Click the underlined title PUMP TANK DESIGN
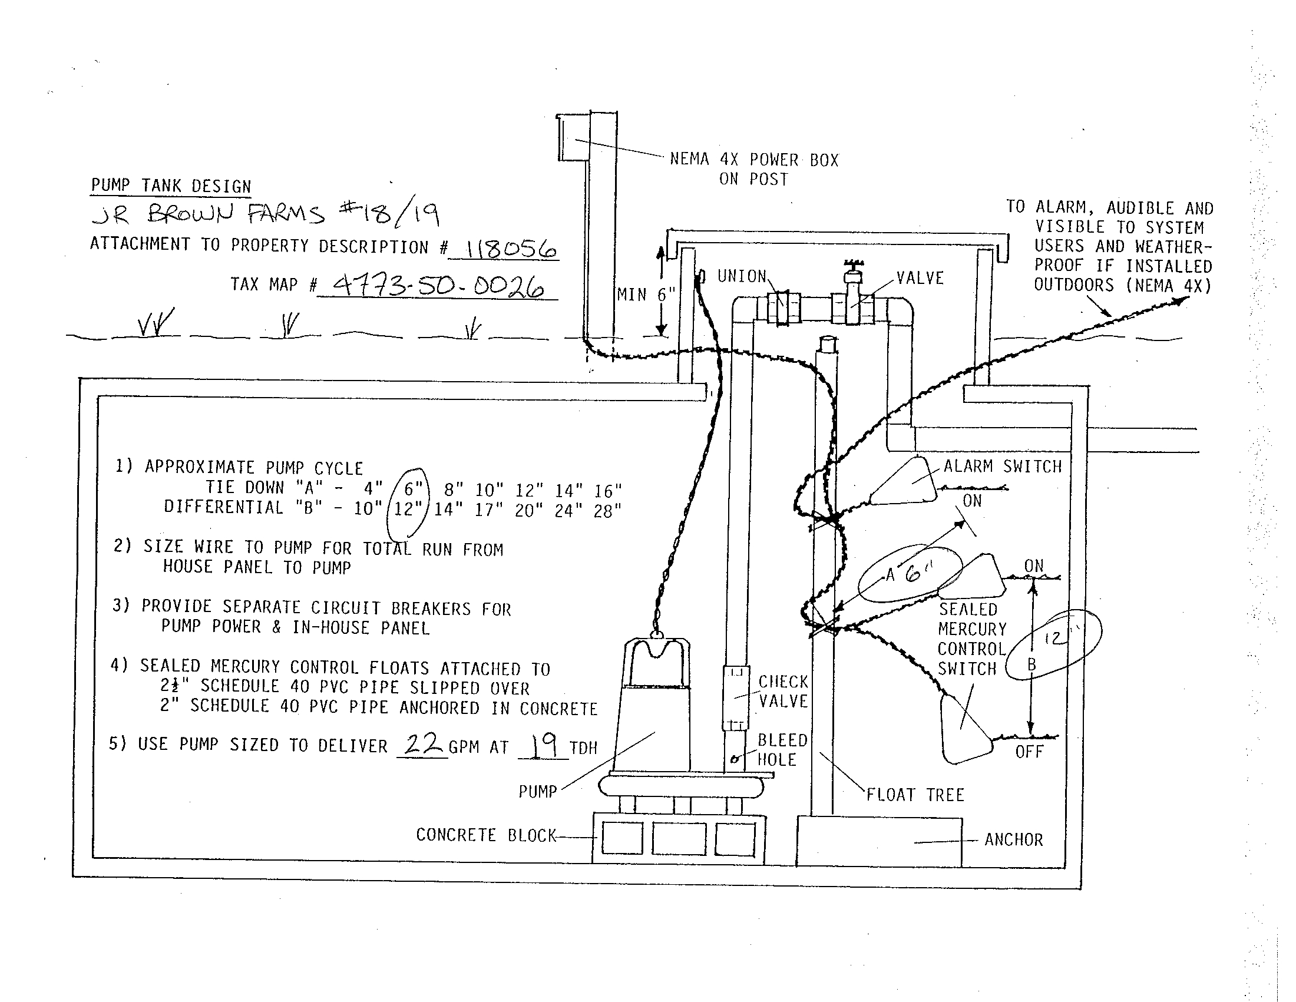pos(171,186)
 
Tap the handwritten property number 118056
pos(510,249)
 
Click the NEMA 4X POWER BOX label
pos(753,169)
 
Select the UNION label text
pos(742,276)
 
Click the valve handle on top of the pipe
pos(853,264)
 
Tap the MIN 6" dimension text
pos(646,295)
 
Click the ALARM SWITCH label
pos(1003,467)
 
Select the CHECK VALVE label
pos(783,692)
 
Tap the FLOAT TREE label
pos(915,795)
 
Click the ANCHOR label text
pos(1014,840)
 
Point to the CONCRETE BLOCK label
pos(486,835)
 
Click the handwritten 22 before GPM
pos(422,744)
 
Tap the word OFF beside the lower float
pos(1029,752)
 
